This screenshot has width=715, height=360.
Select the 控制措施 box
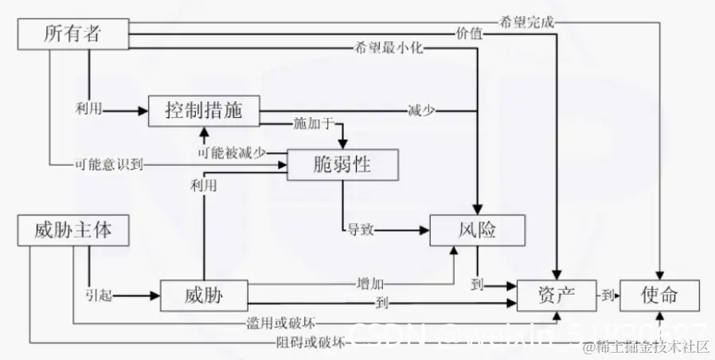point(205,111)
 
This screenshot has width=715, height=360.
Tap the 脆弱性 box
point(342,165)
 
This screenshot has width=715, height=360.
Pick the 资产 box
point(557,296)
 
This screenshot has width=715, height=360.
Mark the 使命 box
point(659,296)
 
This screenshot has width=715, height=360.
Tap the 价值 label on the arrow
point(469,34)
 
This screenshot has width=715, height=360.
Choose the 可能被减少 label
point(232,151)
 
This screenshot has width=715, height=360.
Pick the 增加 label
point(371,283)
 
